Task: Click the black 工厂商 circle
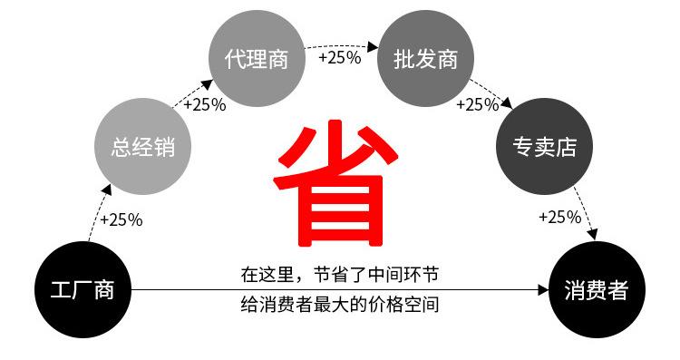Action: tap(83, 290)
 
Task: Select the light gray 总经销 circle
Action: tap(142, 147)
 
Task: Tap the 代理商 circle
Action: tap(257, 59)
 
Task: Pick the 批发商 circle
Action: tap(425, 59)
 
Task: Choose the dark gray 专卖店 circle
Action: tap(544, 147)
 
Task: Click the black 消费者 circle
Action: tap(597, 290)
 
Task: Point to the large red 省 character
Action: tap(335, 183)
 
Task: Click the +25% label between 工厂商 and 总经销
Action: tap(121, 220)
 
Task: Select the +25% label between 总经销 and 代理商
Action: tap(205, 104)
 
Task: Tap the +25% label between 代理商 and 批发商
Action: tap(340, 57)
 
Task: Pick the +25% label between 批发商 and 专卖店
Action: tap(478, 104)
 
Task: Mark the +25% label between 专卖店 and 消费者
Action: tap(560, 217)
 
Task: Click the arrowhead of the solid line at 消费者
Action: tap(544, 290)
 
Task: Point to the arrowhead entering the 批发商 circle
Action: tap(373, 47)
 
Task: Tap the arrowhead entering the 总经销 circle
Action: tap(107, 190)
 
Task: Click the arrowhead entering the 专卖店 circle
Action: tap(507, 103)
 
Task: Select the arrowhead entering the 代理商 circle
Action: tap(207, 84)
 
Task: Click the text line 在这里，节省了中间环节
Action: tap(340, 275)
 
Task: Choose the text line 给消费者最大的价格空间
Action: tap(340, 305)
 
